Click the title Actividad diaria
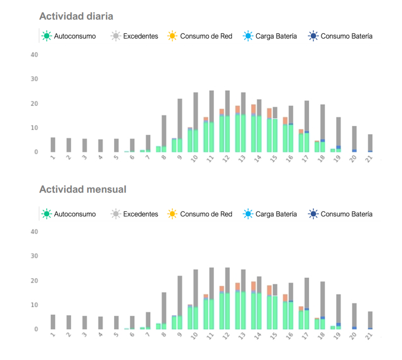point(76,16)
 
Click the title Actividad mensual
point(83,189)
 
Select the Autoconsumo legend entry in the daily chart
point(69,36)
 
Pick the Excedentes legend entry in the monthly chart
point(134,214)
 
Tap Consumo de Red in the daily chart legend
point(200,36)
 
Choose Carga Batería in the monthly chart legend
point(270,214)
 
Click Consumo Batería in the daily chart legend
point(340,36)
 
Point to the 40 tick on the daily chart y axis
point(34,55)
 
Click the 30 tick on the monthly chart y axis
point(34,256)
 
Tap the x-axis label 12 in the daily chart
point(226,159)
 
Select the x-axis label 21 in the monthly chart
point(369,336)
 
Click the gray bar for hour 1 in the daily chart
point(53,145)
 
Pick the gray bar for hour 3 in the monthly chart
point(85,323)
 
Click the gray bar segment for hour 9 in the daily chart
point(180,118)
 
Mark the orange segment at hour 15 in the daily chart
point(269,113)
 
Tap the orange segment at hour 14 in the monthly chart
point(254,286)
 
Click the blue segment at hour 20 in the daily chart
point(354,151)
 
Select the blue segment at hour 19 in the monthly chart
point(339,324)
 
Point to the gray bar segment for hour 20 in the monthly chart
point(354,315)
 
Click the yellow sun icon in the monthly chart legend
point(172,214)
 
